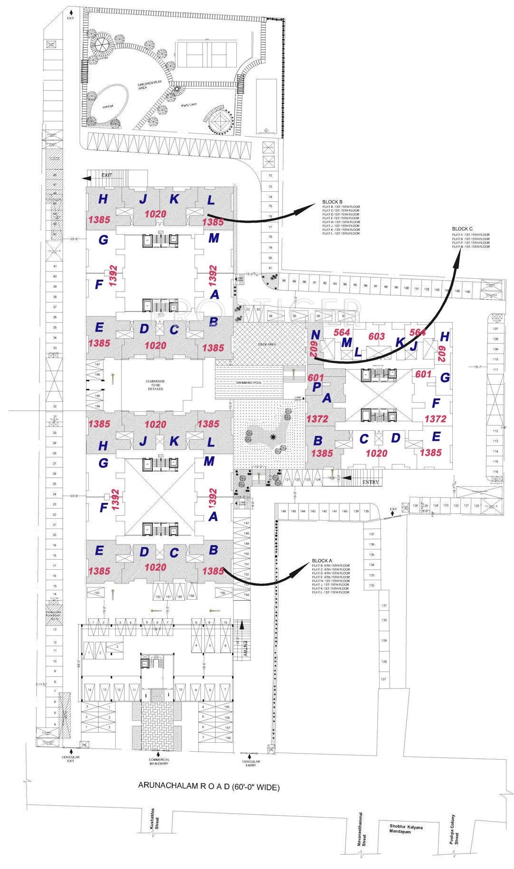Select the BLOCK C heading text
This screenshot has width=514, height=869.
coord(462,229)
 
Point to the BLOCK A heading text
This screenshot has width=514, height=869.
coord(322,561)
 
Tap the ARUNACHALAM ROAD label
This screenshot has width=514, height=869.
coord(209,787)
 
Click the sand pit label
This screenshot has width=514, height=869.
coord(108,106)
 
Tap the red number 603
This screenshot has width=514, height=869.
coord(376,337)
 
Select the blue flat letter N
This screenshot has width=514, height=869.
coord(316,335)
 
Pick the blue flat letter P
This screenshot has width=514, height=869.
coord(317,387)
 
